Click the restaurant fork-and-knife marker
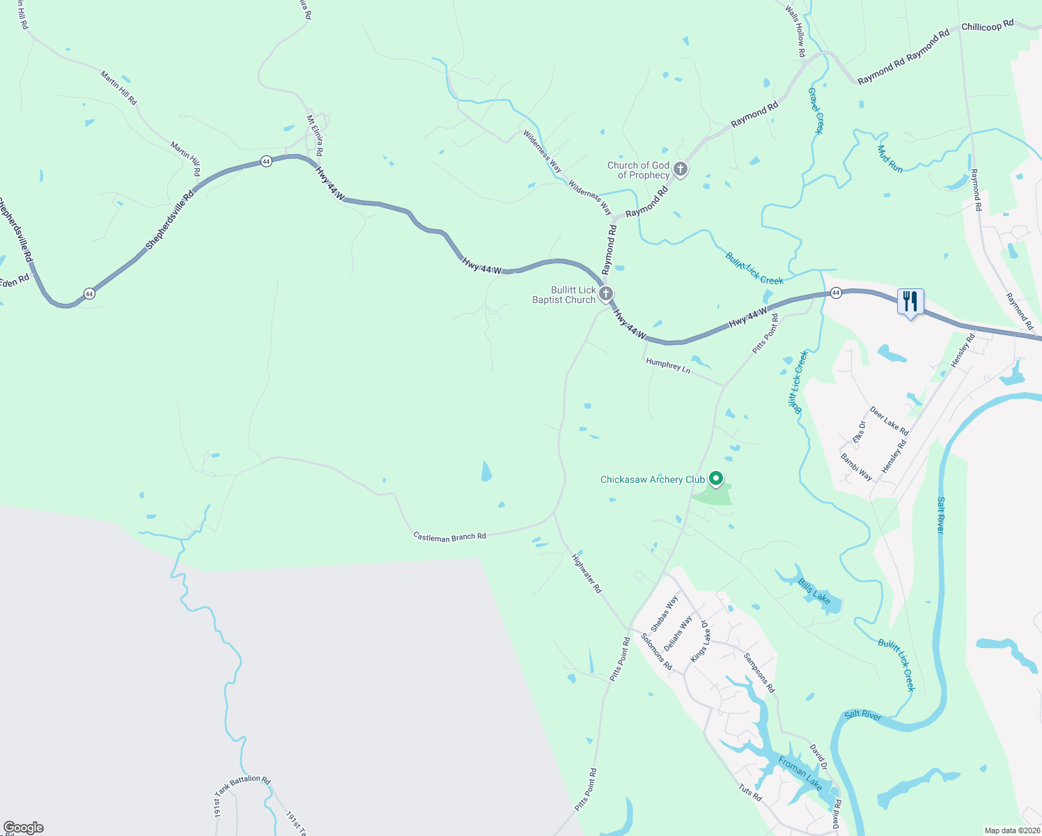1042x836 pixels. pos(910,302)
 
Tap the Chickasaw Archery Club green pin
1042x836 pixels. pos(716,479)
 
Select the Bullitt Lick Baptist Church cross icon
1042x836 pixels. pos(606,293)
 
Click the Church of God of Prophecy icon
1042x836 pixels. pos(681,169)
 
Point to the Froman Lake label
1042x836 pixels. pos(800,773)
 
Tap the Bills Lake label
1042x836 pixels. pos(814,592)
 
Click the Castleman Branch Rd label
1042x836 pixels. pos(449,537)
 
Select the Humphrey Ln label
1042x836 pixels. pos(667,365)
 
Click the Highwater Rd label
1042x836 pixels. pos(586,573)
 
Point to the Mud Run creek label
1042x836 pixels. pos(890,159)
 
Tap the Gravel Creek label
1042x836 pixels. pos(816,110)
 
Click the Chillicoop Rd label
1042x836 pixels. pos(987,26)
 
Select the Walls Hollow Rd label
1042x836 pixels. pos(795,31)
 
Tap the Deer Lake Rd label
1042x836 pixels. pos(889,421)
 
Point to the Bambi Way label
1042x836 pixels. pos(856,467)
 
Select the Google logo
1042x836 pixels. pos(24,828)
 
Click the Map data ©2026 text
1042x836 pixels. pos(1011,830)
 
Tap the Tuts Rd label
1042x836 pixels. pos(750,792)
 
